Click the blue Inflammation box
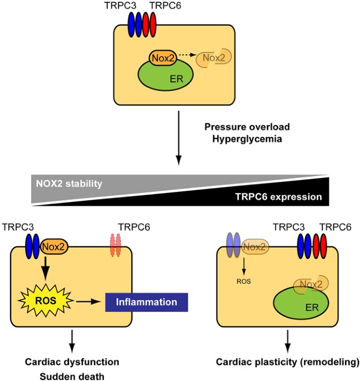147,303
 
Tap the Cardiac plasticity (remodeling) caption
287,362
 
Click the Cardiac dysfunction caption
72,362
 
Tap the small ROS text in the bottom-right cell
243,281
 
